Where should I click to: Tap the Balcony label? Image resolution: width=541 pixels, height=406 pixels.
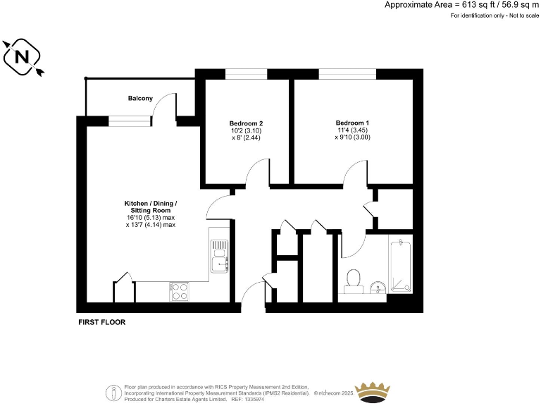(140, 98)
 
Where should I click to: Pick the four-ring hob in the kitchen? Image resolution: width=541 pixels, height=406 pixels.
(179, 291)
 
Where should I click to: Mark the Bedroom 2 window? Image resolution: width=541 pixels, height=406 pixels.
(246, 73)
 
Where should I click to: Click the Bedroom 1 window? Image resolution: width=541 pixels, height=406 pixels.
(347, 73)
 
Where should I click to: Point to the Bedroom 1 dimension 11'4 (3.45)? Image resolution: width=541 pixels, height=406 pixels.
(352, 130)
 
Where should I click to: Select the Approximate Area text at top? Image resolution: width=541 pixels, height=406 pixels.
(462, 5)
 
